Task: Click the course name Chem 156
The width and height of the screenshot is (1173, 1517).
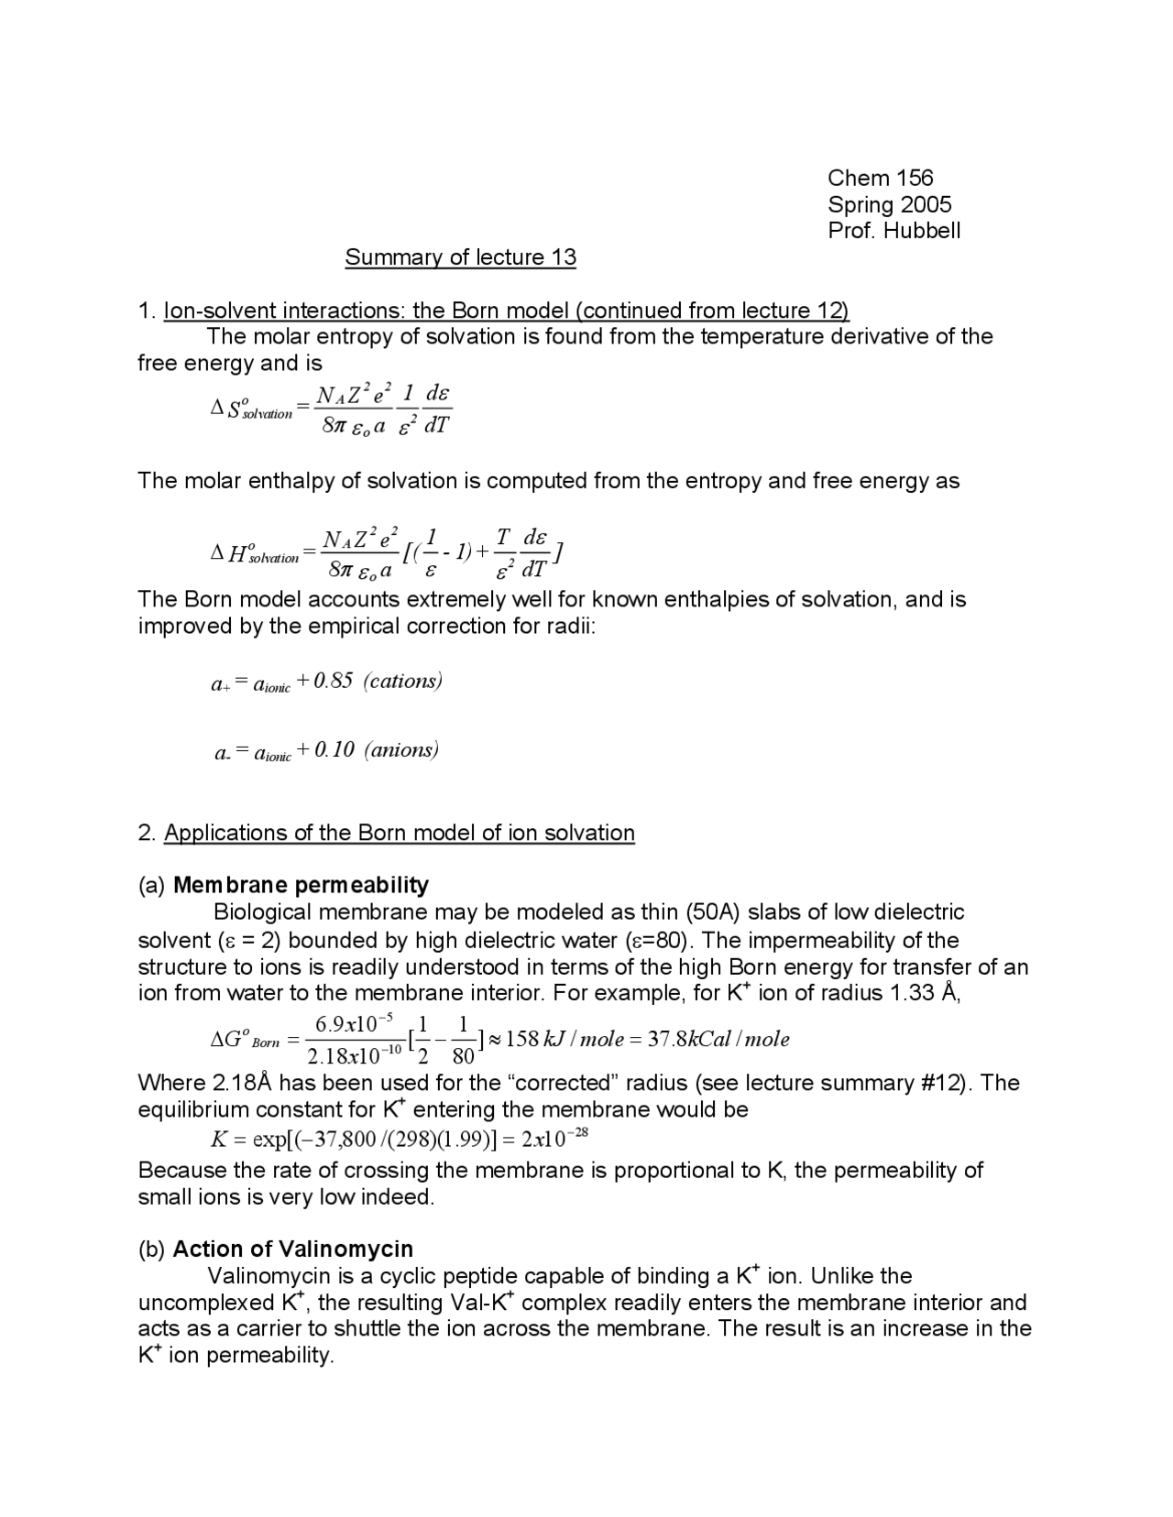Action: point(880,178)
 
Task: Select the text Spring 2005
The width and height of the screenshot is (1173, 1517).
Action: point(889,204)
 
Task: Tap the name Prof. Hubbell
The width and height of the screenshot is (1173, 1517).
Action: point(893,231)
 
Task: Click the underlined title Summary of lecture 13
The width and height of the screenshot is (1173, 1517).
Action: point(460,257)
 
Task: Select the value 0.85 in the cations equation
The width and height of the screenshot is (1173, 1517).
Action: point(333,681)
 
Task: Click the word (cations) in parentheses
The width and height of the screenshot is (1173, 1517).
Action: point(402,681)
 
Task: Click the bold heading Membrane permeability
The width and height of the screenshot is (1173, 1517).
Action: point(301,885)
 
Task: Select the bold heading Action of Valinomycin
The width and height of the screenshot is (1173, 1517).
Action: point(292,1249)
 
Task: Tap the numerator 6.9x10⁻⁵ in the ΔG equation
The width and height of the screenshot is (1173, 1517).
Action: point(354,1022)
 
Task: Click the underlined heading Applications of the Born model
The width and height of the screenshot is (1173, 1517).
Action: point(399,833)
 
